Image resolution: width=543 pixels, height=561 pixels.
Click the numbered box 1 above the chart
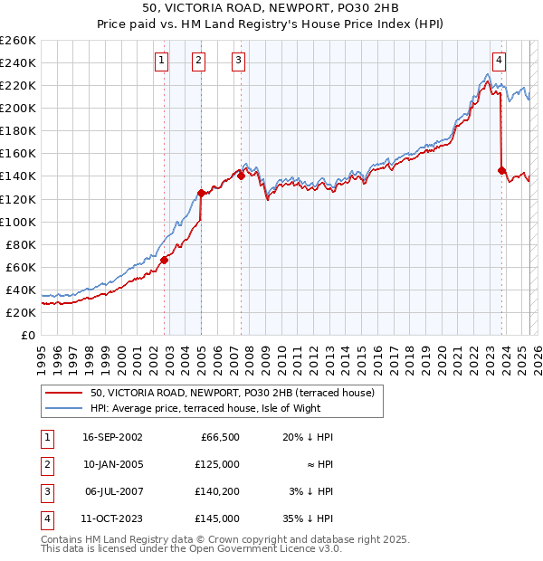click(161, 61)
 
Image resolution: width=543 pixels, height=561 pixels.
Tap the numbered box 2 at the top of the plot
click(198, 61)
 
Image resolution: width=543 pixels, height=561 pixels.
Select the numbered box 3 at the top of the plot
click(238, 61)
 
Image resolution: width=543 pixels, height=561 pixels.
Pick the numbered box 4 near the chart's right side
click(499, 61)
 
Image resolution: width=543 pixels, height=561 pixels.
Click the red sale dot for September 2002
click(165, 260)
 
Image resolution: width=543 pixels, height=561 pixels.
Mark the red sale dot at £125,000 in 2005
click(201, 193)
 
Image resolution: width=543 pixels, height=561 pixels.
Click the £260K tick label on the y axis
click(18, 41)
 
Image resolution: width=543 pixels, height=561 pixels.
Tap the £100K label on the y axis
click(18, 222)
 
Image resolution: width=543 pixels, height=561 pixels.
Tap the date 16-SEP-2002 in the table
click(112, 437)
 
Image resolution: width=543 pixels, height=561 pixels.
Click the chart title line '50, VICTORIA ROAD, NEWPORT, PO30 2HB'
click(271, 7)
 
